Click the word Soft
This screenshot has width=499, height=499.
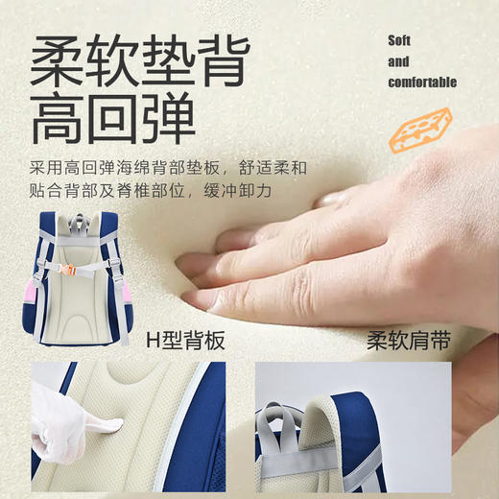click(399, 40)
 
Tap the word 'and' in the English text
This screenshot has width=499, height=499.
click(398, 61)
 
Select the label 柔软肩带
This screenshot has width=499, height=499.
click(411, 340)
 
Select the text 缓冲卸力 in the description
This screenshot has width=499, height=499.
click(246, 191)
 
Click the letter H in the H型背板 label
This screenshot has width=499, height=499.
click(152, 340)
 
